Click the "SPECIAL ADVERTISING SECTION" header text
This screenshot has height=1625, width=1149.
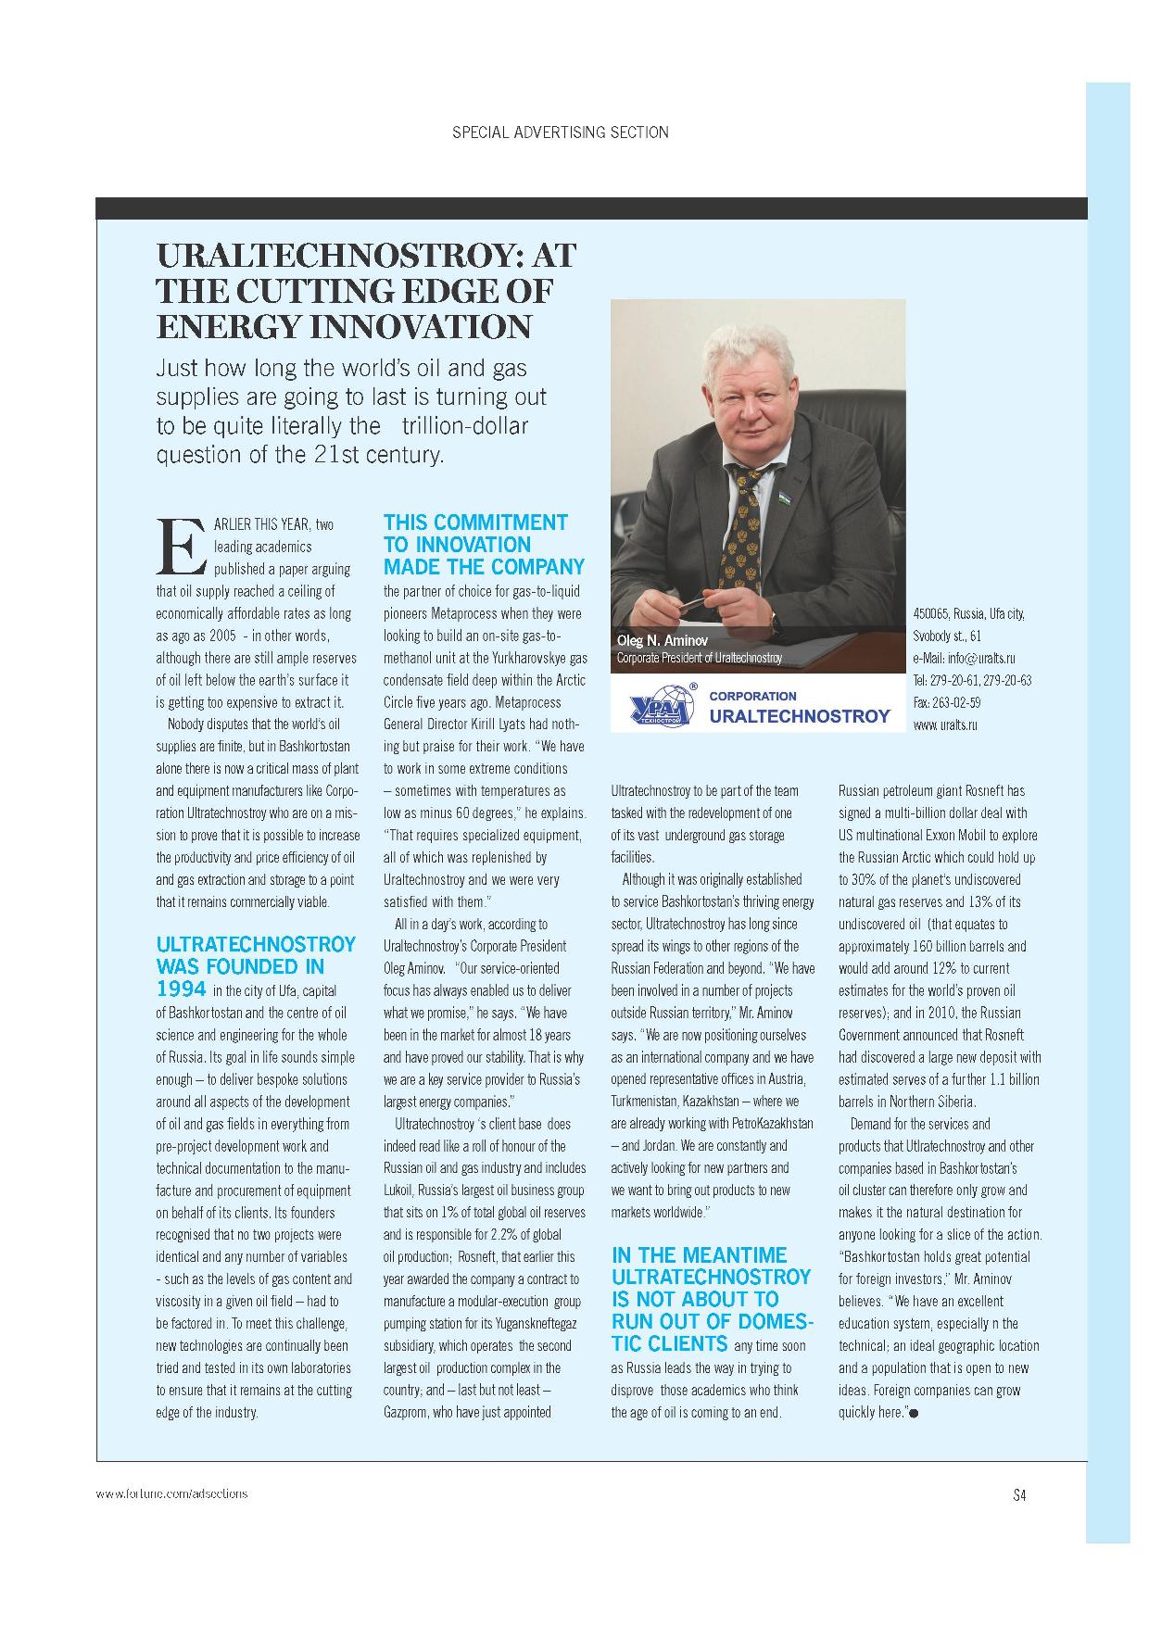tap(560, 132)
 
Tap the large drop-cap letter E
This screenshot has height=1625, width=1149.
tap(181, 546)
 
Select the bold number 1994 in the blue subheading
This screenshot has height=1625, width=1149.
tap(182, 989)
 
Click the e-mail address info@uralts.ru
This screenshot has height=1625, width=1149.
tap(964, 659)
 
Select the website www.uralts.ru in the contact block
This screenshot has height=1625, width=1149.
tap(944, 725)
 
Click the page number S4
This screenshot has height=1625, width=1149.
tap(1019, 1494)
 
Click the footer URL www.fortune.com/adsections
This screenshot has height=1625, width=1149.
tap(172, 1493)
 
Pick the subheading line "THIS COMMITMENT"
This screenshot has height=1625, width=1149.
tap(475, 523)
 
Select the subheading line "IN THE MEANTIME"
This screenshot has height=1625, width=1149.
tap(699, 1255)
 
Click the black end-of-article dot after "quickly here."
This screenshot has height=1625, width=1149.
tap(915, 1413)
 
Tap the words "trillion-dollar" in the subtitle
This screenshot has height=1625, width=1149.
tap(464, 426)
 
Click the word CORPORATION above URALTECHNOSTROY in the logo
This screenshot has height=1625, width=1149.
tap(752, 696)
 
